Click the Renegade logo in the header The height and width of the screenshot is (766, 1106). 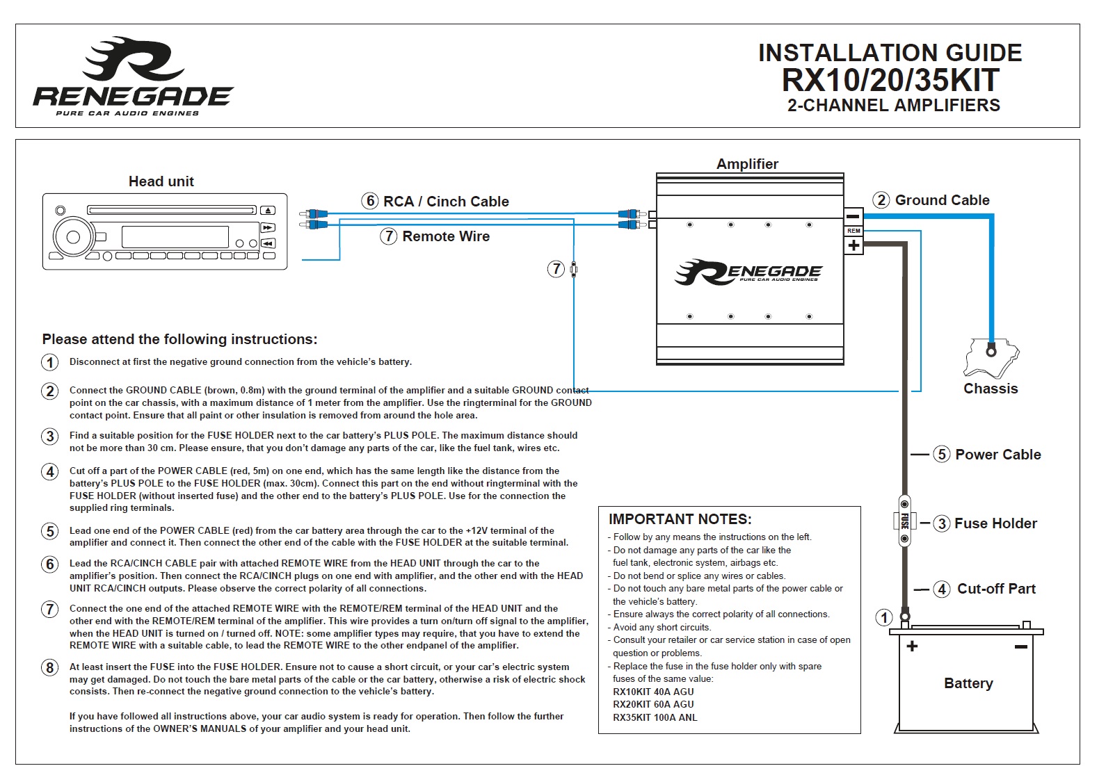[133, 76]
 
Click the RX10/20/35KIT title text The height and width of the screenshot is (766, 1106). [890, 81]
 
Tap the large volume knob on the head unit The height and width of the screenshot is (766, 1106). [72, 237]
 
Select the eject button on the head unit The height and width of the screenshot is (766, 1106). [268, 211]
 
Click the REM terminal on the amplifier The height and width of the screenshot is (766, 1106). [853, 231]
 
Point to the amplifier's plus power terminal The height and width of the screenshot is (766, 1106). [853, 245]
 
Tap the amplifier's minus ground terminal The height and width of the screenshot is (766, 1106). [853, 216]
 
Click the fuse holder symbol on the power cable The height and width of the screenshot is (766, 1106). [904, 521]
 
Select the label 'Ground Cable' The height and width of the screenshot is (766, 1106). [942, 200]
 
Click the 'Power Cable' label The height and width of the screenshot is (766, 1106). [997, 455]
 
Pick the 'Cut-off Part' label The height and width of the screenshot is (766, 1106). [996, 589]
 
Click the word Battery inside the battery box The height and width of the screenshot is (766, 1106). [968, 683]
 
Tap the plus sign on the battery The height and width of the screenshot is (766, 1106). [912, 646]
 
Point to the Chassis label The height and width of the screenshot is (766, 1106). [991, 389]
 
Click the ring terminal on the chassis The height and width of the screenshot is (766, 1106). [991, 351]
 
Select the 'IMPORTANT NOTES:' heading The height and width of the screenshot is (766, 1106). [680, 519]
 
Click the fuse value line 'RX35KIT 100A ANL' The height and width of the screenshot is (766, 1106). [655, 717]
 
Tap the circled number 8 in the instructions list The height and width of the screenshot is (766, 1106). [49, 668]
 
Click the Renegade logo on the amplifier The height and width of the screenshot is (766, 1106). [748, 272]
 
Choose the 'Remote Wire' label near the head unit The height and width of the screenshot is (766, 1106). [445, 236]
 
